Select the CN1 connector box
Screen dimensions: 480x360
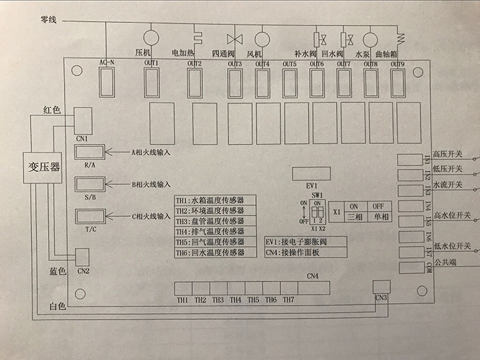83,119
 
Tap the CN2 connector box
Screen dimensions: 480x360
83,256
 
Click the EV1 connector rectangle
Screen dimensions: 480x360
310,174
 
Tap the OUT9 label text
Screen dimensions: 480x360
397,63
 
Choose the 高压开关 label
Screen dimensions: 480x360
451,153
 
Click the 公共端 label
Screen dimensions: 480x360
445,262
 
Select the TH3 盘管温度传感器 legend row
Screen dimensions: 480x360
214,221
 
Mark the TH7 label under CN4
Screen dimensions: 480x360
289,299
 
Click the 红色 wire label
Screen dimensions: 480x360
51,110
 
